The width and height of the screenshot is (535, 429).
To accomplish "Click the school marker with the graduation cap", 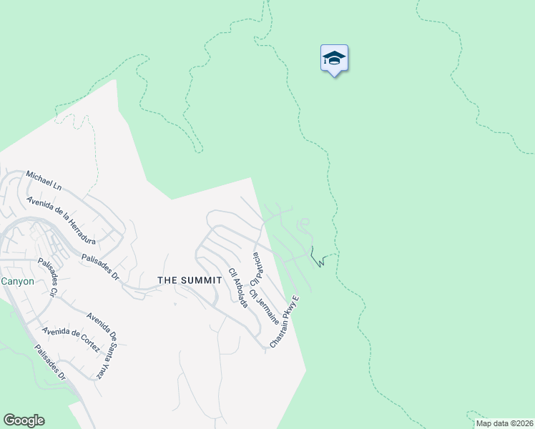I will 334,59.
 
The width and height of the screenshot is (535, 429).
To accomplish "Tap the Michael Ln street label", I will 44,180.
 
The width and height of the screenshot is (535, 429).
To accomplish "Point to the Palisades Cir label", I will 48,277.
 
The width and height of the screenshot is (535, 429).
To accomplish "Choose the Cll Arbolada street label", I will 238,288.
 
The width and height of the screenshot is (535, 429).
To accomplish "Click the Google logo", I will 24,420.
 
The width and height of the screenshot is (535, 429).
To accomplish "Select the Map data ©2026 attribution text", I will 504,423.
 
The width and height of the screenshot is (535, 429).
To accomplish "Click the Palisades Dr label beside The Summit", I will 100,267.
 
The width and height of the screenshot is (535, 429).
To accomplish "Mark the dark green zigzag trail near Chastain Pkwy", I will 318,258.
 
